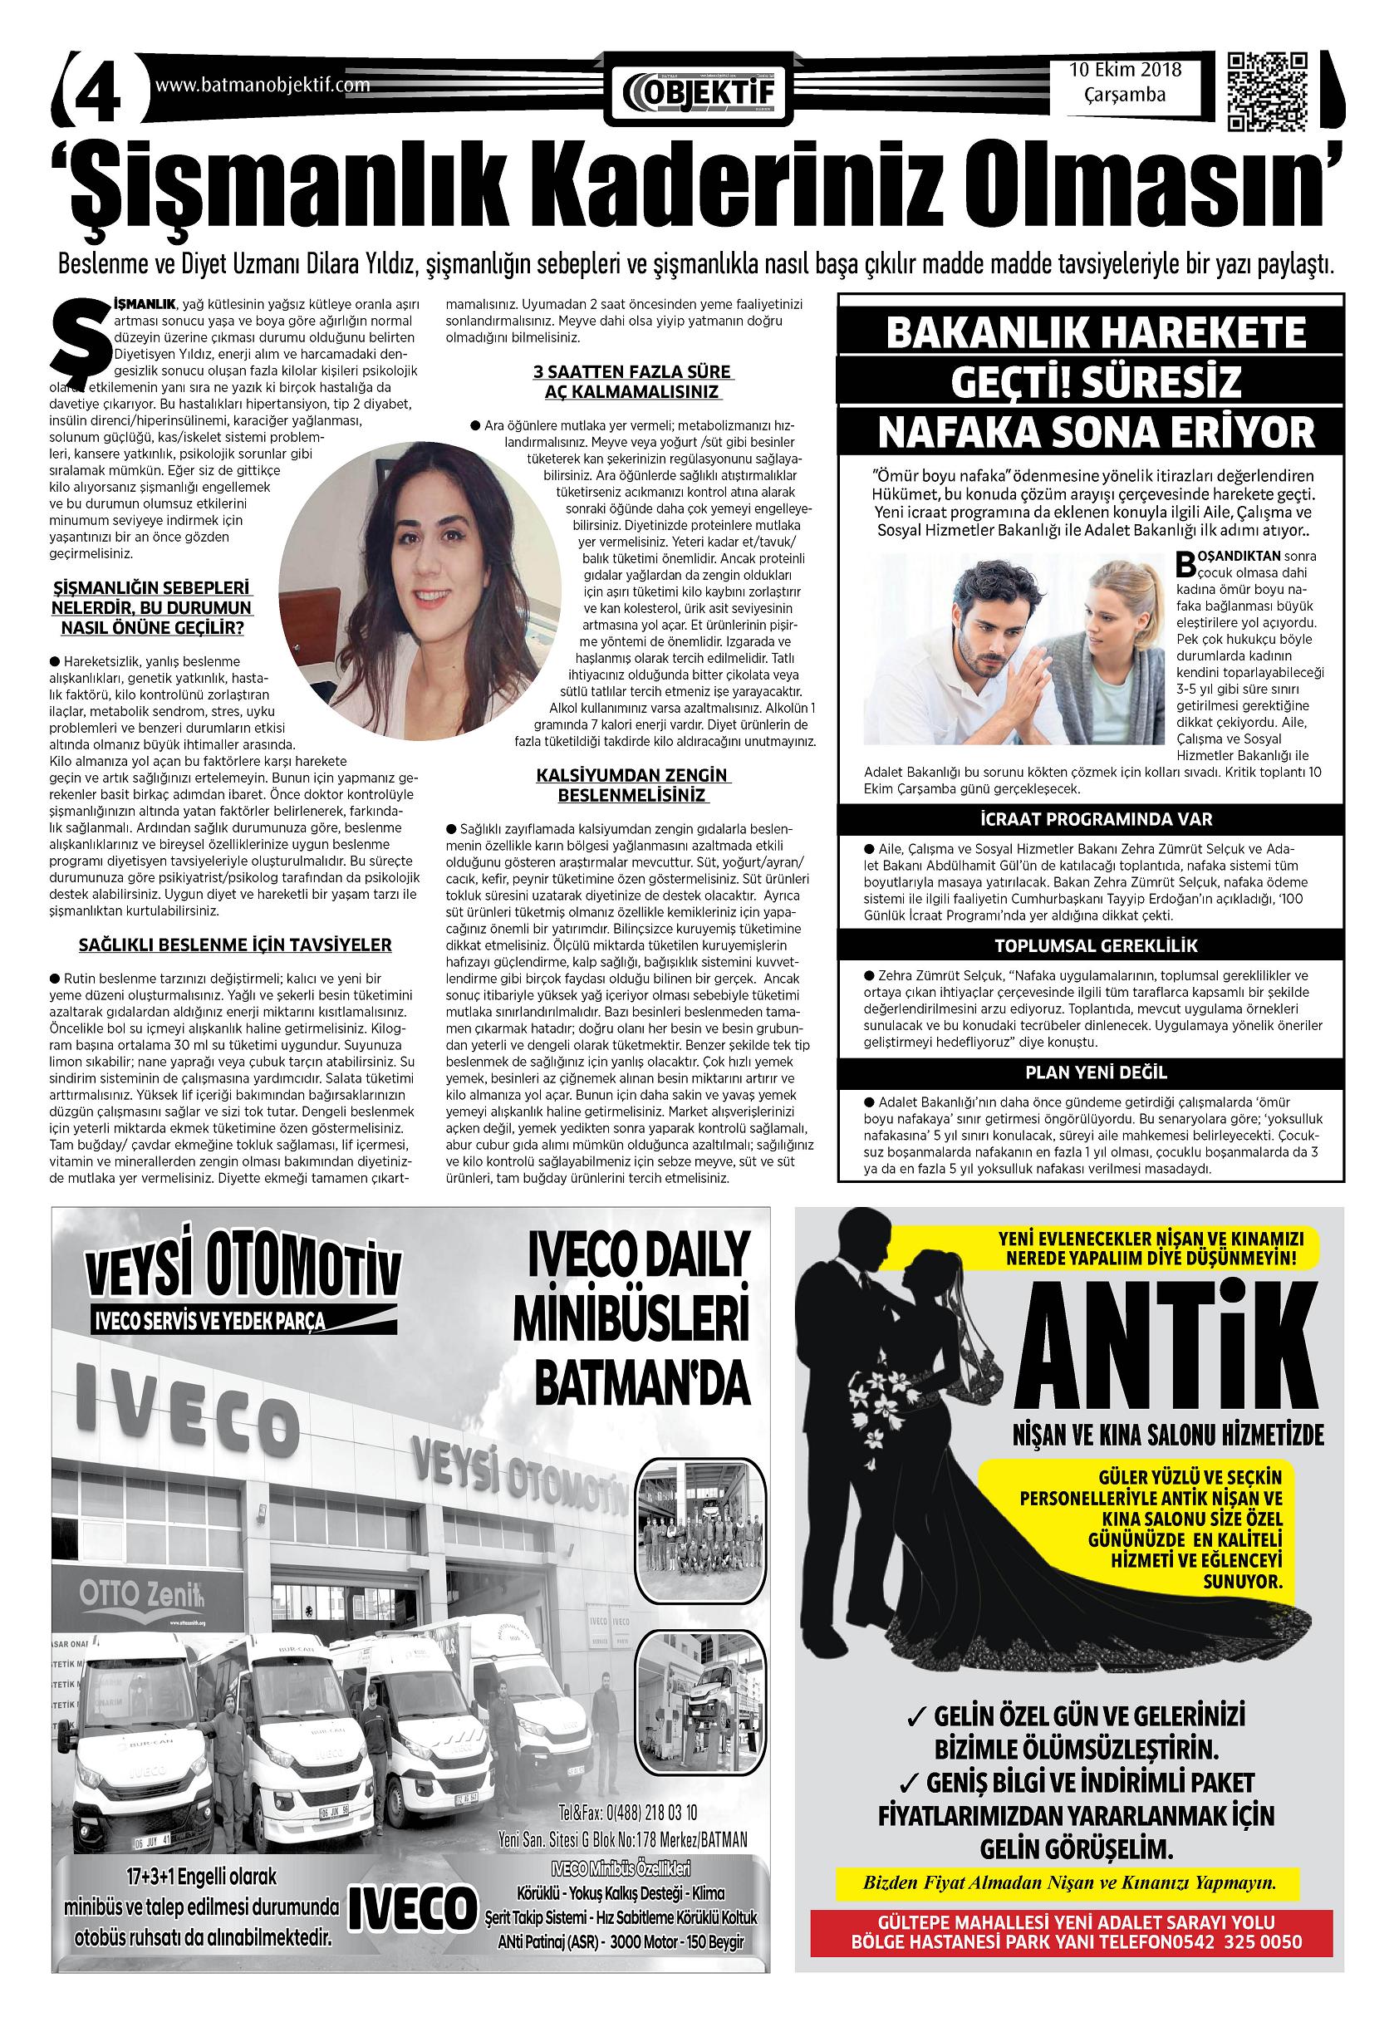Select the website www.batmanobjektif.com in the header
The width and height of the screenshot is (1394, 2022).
point(262,86)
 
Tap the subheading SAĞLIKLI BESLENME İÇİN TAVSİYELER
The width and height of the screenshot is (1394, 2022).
point(235,945)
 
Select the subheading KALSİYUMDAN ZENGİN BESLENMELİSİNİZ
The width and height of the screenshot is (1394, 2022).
point(633,785)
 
